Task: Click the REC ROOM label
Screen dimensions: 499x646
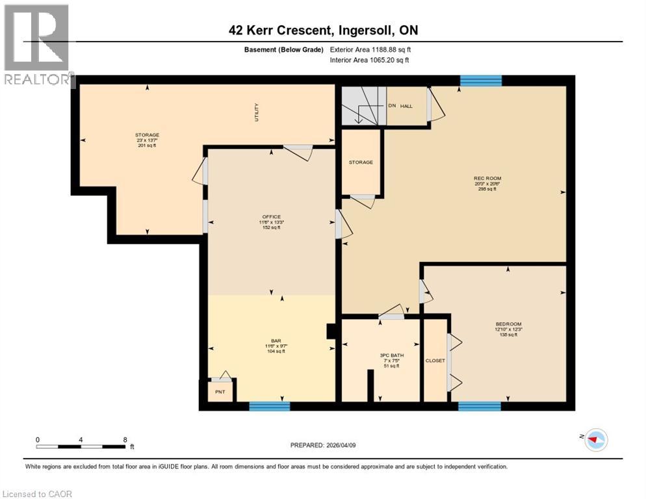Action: [487, 178]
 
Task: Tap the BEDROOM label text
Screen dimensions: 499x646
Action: [509, 324]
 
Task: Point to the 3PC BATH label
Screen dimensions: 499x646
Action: [389, 355]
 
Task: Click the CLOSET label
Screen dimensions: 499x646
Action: [435, 361]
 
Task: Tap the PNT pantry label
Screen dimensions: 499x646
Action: [220, 392]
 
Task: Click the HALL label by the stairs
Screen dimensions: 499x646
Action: [406, 105]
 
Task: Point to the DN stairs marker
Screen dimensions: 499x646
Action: [391, 105]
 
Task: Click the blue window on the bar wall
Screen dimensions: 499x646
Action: [269, 406]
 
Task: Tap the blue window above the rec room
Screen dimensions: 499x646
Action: [481, 81]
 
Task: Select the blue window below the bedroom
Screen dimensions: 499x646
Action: [479, 406]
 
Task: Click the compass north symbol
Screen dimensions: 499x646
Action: [595, 439]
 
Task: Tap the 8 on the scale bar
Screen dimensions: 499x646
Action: [125, 439]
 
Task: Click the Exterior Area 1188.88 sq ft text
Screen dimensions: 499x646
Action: [370, 49]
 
